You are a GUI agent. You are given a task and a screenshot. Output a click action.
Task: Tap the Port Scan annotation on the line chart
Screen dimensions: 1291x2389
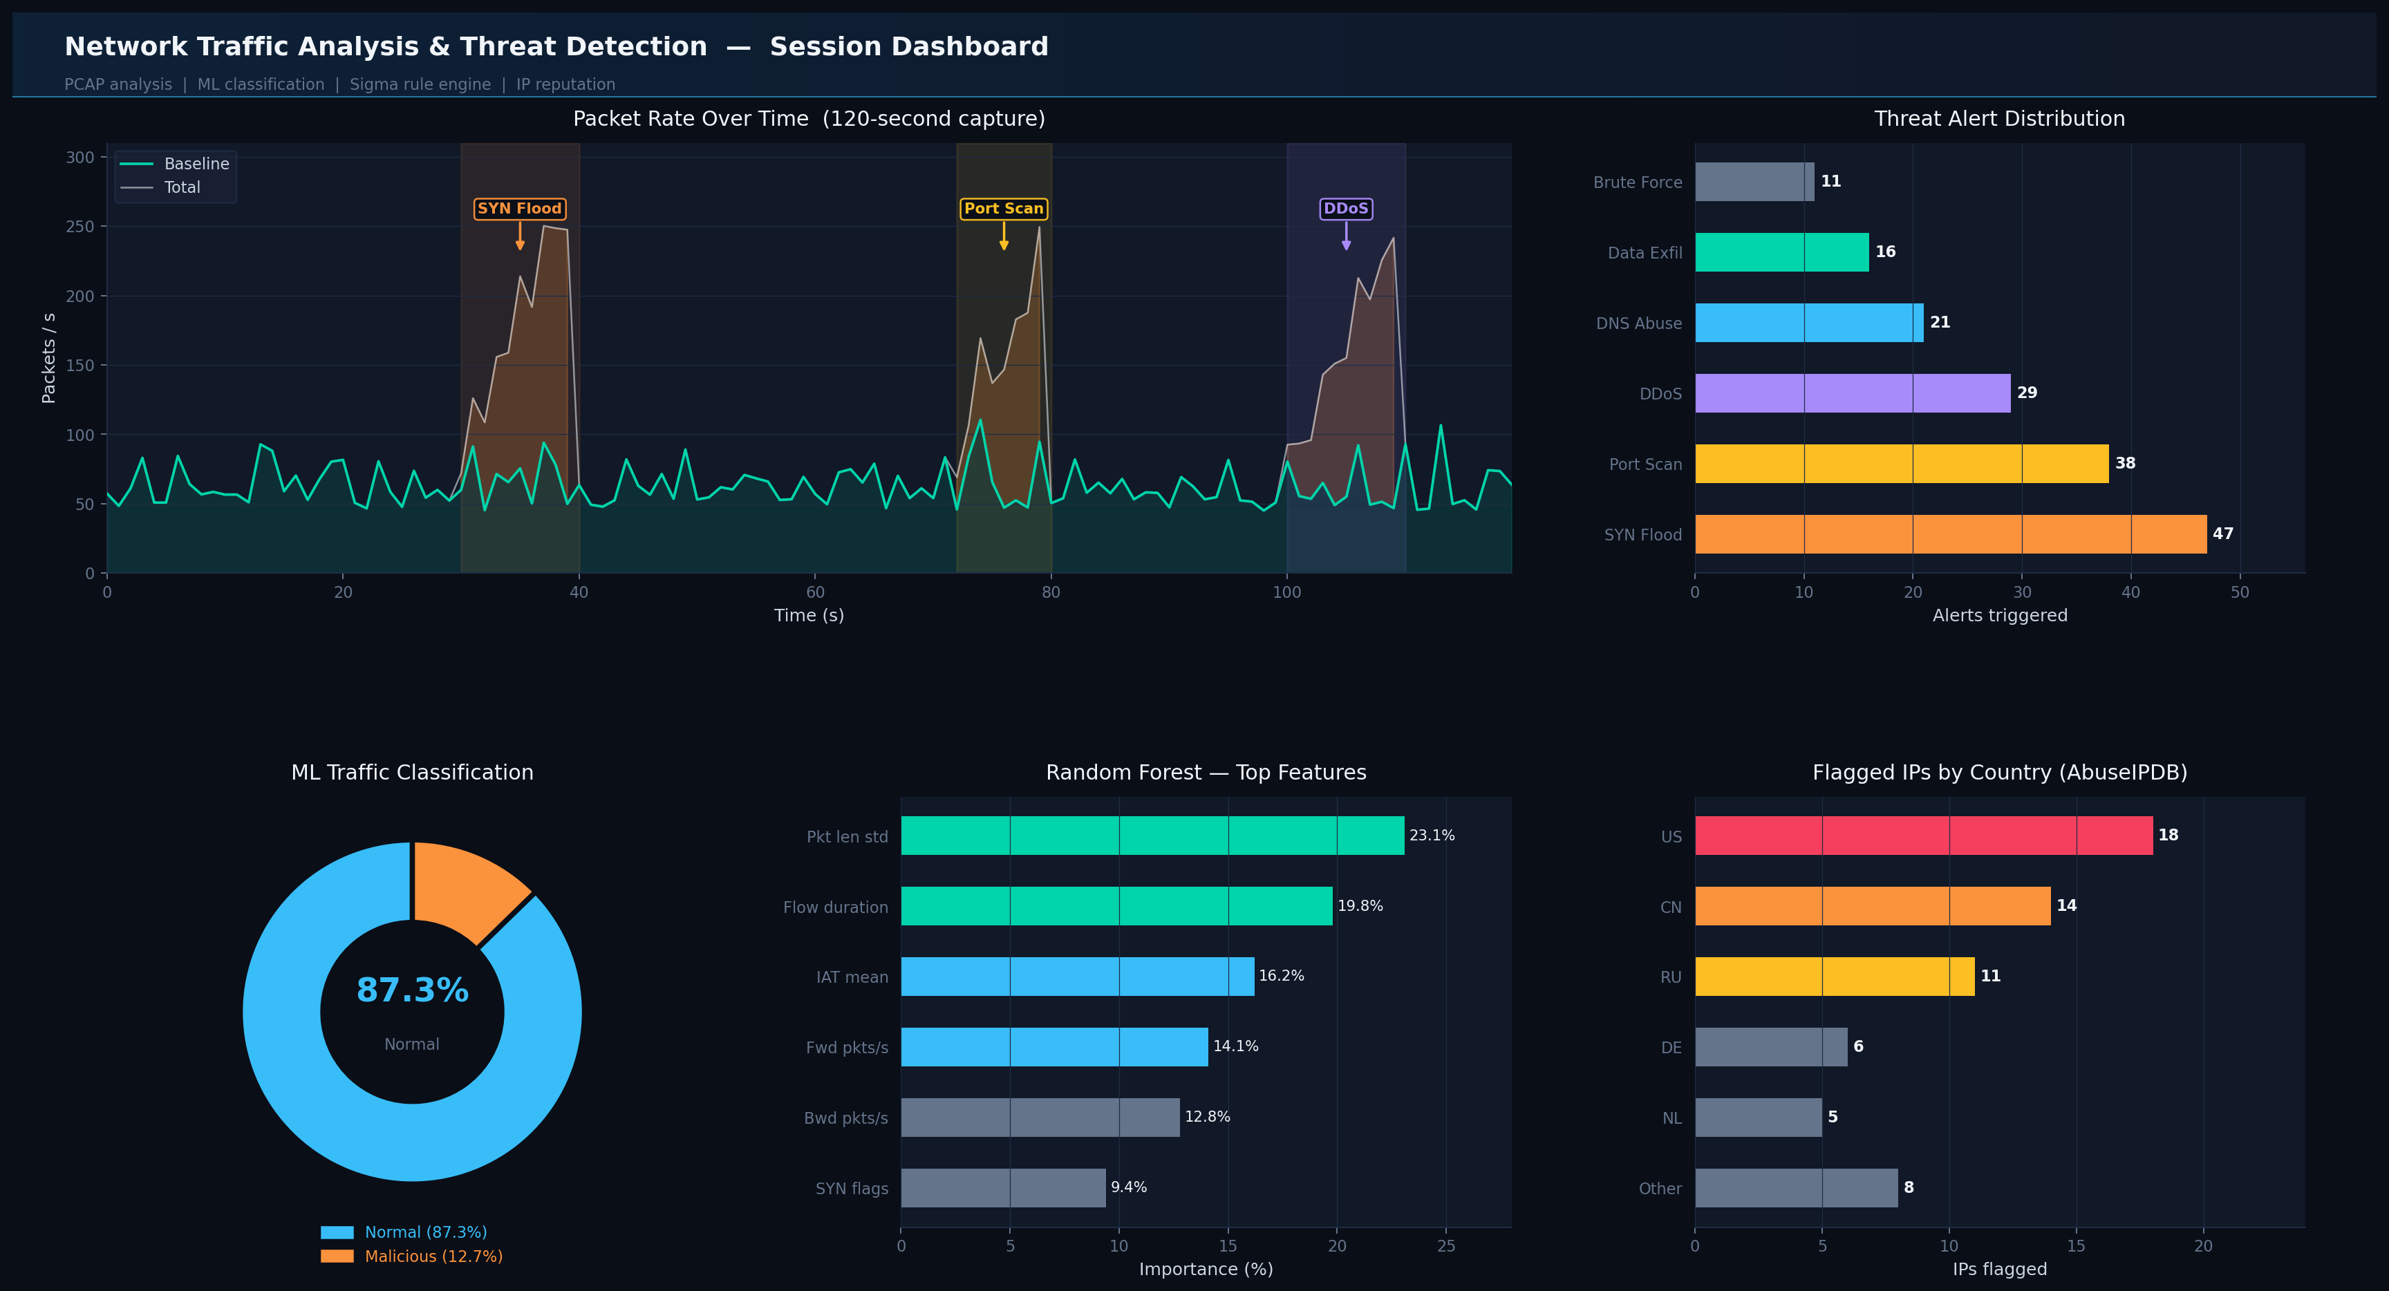point(1004,209)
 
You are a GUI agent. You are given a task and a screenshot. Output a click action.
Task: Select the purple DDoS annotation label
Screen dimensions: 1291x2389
point(1346,209)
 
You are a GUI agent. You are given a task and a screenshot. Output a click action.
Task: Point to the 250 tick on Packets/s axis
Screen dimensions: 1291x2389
point(79,226)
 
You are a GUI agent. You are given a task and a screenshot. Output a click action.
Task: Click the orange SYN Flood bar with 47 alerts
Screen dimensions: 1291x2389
point(1949,534)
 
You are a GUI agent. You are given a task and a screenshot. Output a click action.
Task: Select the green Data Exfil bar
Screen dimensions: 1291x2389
point(1781,252)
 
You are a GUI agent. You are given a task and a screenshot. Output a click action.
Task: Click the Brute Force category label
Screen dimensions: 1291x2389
point(1637,182)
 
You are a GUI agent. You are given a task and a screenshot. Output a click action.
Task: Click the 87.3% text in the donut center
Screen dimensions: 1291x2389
point(413,990)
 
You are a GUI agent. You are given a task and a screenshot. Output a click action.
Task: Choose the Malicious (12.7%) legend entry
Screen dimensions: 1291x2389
point(433,1256)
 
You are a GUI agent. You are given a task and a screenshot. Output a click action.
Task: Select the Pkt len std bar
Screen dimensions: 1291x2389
point(1152,836)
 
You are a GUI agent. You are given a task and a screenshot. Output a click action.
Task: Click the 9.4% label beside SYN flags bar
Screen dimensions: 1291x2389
point(1129,1187)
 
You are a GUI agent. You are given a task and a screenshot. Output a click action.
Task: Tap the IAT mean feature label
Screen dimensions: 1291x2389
point(852,977)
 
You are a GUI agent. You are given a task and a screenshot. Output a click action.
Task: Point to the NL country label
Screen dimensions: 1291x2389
point(1671,1118)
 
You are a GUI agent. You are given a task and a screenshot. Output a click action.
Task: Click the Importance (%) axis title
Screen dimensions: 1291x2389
point(1206,1269)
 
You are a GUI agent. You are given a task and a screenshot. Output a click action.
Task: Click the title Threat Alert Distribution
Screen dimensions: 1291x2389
point(1998,119)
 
